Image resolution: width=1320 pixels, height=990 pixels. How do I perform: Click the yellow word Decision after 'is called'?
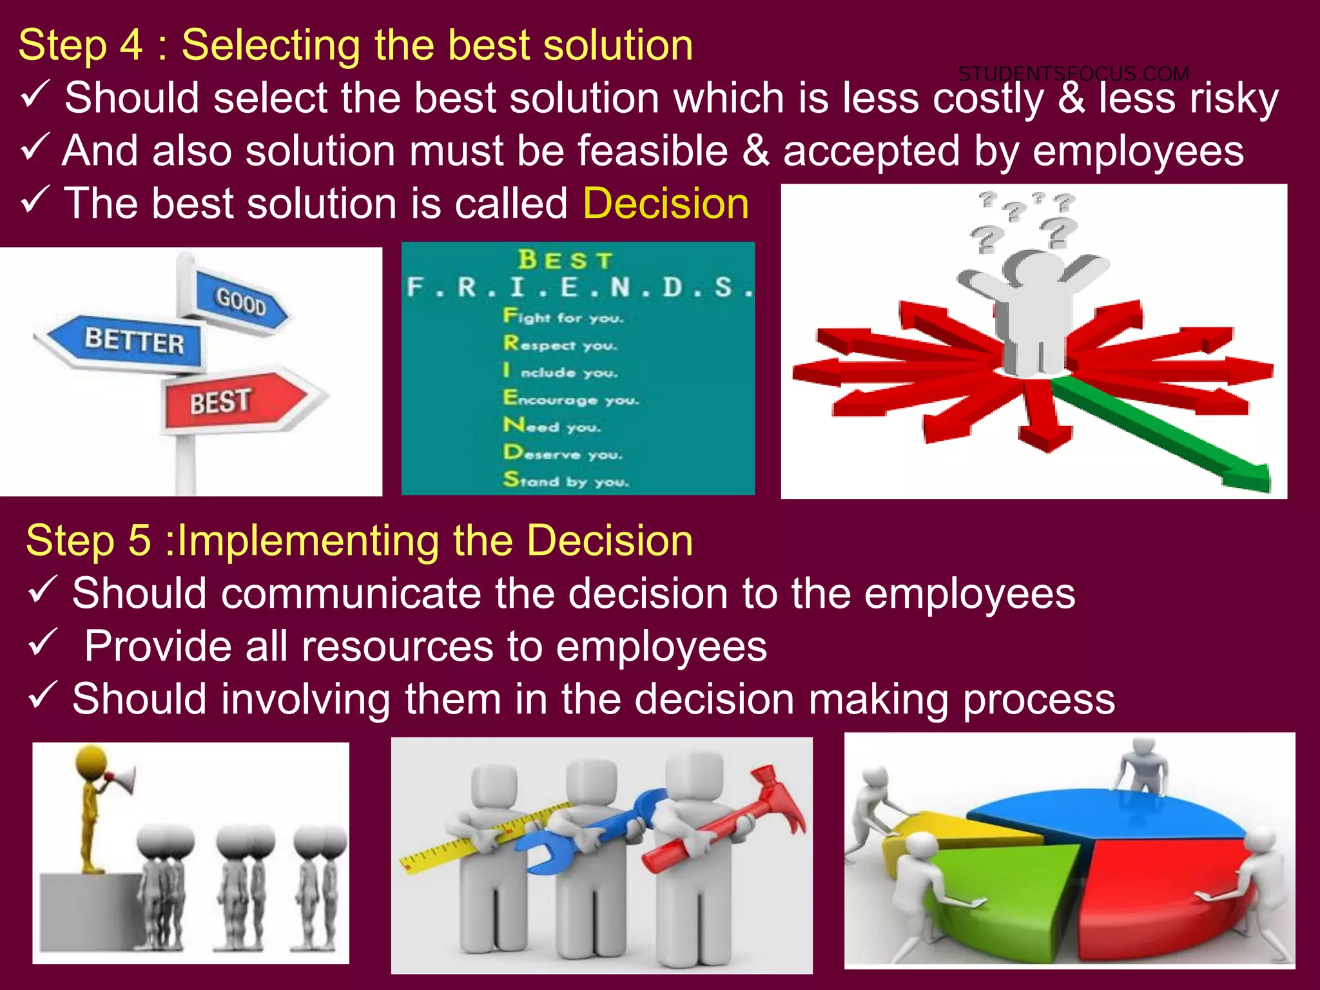(666, 204)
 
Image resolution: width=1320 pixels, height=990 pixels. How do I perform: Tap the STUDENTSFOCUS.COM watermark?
(1073, 74)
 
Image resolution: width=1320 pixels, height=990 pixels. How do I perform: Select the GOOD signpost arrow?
(241, 301)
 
